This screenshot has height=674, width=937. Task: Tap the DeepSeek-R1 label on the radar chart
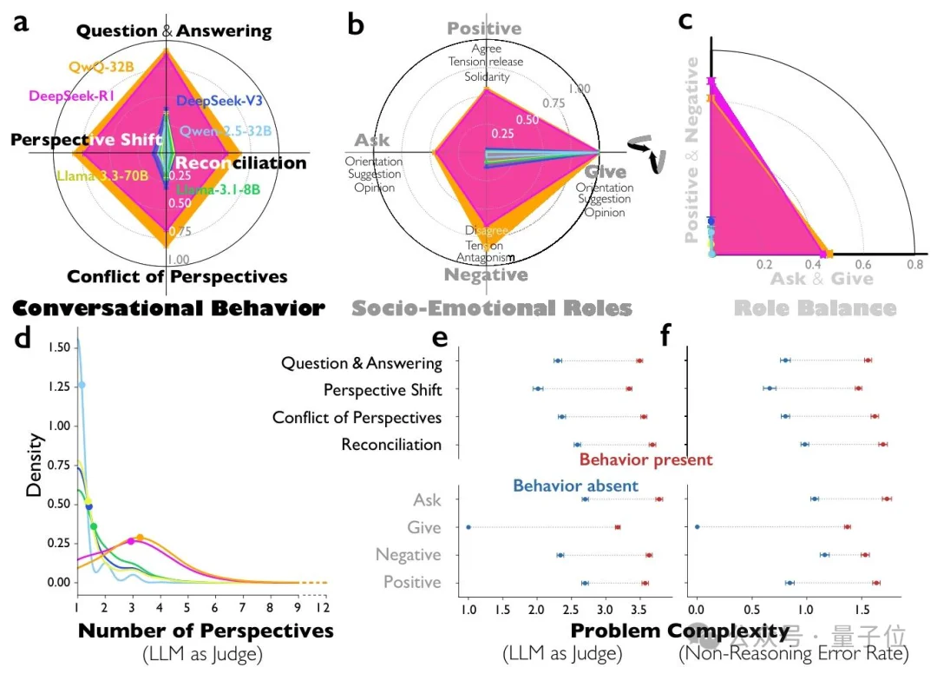69,96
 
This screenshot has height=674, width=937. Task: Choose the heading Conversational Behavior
168,308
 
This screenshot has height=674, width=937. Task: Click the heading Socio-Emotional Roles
491,308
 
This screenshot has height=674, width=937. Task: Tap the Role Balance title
815,308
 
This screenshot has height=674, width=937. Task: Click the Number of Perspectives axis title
206,631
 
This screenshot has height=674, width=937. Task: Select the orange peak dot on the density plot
140,538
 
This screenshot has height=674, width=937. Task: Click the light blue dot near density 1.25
82,385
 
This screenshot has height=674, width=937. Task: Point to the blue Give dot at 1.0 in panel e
468,527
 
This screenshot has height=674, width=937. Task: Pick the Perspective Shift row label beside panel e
382,390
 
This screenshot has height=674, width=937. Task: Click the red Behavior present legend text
645,459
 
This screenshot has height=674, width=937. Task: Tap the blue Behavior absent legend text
575,486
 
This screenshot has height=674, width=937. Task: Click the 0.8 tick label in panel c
913,264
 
